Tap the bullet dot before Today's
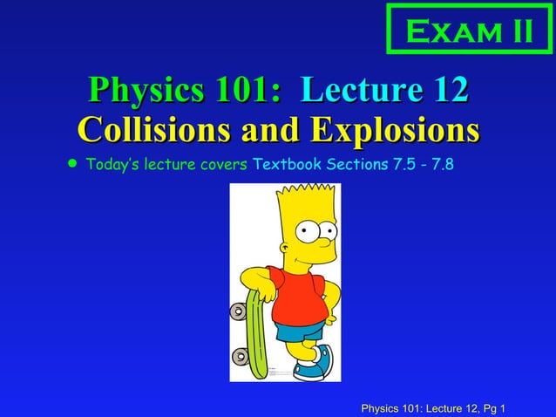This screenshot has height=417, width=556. (x=71, y=163)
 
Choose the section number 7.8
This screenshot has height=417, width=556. (x=438, y=164)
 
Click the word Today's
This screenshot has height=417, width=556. (x=112, y=164)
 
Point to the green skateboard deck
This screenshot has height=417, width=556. (x=257, y=332)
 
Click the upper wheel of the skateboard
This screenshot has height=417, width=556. (x=238, y=311)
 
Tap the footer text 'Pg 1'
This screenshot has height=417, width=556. (x=492, y=408)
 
